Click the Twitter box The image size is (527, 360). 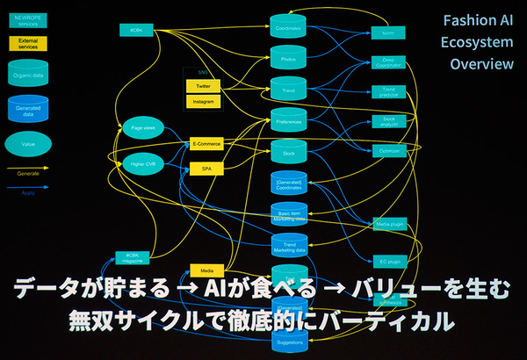[x=204, y=87]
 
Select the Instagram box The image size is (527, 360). [x=204, y=102]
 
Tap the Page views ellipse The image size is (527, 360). [x=142, y=129]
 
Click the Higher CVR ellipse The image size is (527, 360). [x=142, y=163]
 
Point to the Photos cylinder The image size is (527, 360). [x=288, y=60]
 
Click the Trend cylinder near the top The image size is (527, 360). [x=288, y=90]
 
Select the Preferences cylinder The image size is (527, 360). [x=288, y=122]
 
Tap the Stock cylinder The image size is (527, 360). [x=288, y=154]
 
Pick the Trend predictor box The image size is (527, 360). [x=387, y=91]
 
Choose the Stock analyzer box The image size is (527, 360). [x=387, y=121]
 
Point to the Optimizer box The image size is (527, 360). [x=387, y=150]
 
